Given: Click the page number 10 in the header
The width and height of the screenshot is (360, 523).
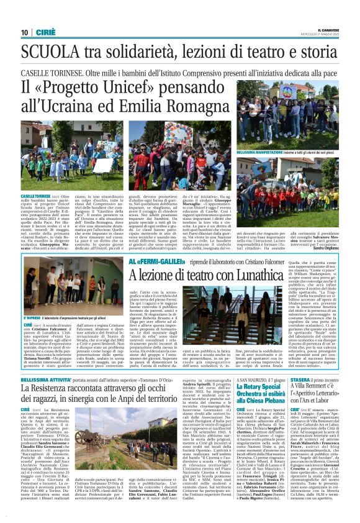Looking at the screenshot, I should tap(24, 32).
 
